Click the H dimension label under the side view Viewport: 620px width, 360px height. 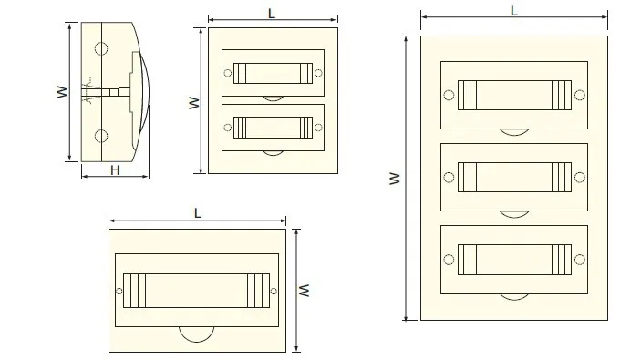(x=115, y=170)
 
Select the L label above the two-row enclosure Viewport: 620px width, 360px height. (x=273, y=12)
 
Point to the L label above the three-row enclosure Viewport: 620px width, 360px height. (x=514, y=11)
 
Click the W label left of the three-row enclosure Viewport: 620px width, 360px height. (x=395, y=179)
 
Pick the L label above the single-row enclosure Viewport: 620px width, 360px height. (x=198, y=212)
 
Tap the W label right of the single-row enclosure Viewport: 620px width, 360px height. (x=307, y=290)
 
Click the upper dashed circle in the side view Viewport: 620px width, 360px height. (x=100, y=48)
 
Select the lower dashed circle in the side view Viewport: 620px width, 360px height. (x=100, y=137)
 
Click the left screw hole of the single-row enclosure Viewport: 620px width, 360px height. (x=119, y=291)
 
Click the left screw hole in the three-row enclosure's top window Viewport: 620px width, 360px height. (x=448, y=95)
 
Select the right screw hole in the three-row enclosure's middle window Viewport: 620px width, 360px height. (x=580, y=174)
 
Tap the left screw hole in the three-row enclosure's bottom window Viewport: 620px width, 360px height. (x=448, y=258)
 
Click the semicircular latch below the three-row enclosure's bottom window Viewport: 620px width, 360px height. (x=513, y=295)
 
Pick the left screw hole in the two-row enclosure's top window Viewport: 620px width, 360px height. (x=228, y=73)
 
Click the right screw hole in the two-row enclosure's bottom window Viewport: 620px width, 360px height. (x=317, y=127)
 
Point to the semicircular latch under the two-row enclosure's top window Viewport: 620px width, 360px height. (x=273, y=98)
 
